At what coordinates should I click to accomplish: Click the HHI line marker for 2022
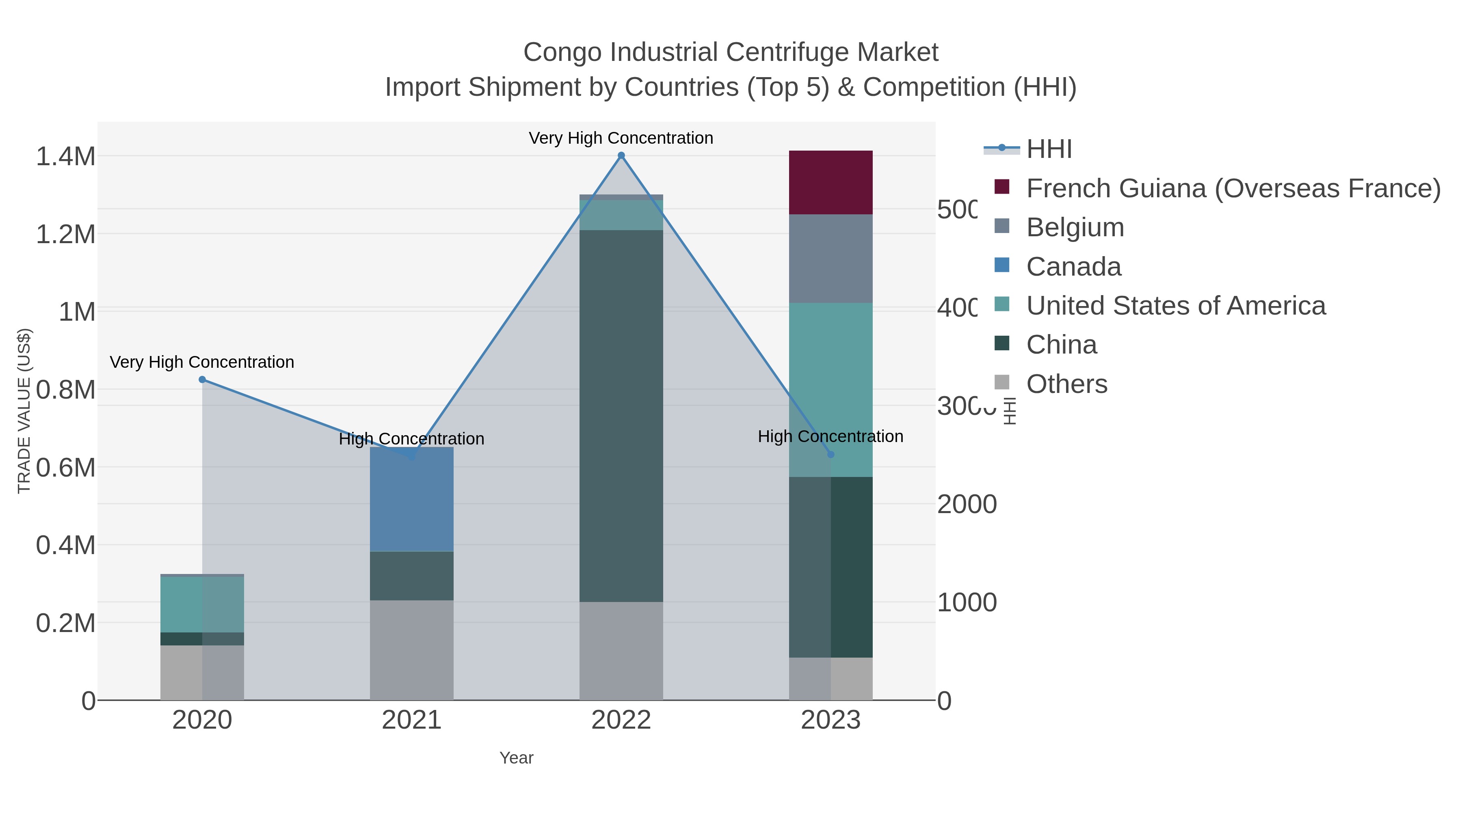coord(621,155)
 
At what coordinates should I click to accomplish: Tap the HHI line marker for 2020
coord(202,380)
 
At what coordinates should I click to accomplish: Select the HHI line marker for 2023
coord(831,454)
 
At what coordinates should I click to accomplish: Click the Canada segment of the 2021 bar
coord(411,499)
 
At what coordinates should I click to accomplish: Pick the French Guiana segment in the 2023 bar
coord(831,183)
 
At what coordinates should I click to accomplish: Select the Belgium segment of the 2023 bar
coord(831,259)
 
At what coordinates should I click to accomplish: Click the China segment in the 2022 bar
coord(621,416)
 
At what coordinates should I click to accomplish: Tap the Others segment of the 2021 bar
coord(411,650)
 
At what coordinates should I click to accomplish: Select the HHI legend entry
coord(1049,149)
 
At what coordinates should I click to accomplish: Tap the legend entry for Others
coord(1066,384)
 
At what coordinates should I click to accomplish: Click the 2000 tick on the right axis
coord(967,504)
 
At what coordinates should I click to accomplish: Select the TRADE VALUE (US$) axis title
coord(24,411)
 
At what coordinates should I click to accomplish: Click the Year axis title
coord(516,758)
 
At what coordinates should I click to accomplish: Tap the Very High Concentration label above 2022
coord(621,138)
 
